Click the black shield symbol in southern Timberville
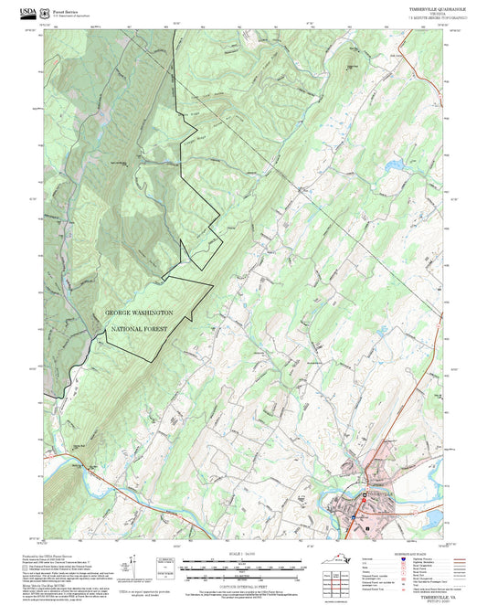click(x=367, y=528)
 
